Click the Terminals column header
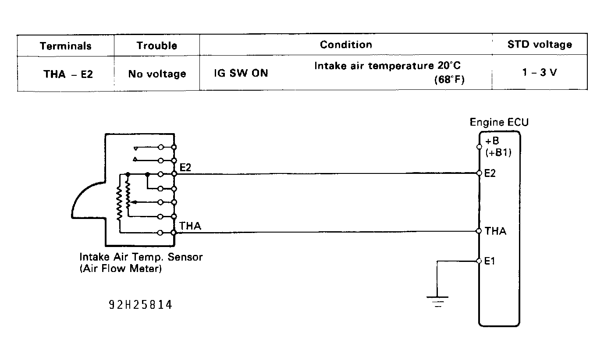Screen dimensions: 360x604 66,46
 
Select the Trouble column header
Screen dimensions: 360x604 156,46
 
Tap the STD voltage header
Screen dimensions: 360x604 540,44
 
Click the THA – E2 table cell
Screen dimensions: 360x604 68,74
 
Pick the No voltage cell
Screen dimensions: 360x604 157,74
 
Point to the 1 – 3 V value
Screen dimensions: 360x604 540,73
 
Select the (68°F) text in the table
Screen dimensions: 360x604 449,80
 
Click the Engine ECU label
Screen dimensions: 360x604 499,122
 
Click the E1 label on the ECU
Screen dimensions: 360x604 490,261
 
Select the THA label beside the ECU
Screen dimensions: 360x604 495,231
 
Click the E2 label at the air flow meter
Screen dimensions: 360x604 185,167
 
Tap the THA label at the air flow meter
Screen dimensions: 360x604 190,226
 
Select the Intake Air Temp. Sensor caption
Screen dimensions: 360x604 141,257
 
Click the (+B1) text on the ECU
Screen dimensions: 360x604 498,153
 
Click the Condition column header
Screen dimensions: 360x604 345,44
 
